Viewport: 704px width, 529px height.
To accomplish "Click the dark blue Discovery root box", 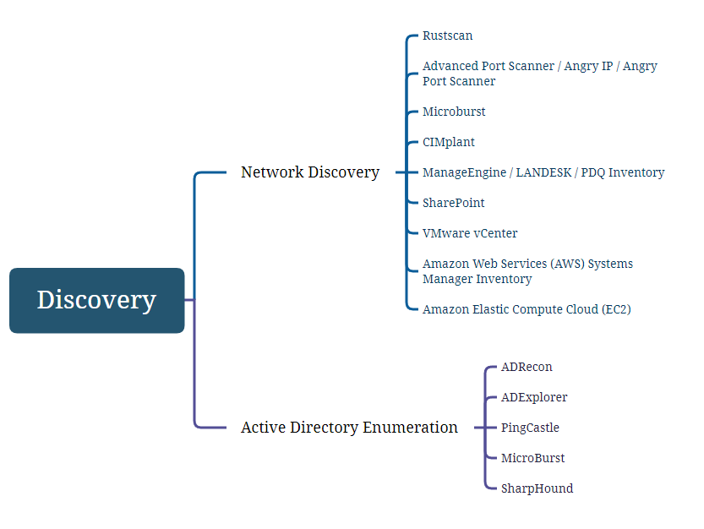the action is click(x=96, y=301).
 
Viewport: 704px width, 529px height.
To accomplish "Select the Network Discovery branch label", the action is click(x=310, y=172).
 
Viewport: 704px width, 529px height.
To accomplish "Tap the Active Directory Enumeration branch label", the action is click(x=349, y=428).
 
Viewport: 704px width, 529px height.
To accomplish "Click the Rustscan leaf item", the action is click(x=448, y=36).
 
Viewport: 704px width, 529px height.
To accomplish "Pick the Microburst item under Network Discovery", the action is click(x=454, y=112).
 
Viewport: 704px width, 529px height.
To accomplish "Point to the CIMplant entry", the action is click(x=449, y=142).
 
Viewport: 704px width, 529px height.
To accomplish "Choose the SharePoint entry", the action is click(x=454, y=203).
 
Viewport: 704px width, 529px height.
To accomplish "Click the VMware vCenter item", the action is click(x=470, y=233).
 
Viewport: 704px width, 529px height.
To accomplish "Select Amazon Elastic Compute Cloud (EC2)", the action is click(x=527, y=309).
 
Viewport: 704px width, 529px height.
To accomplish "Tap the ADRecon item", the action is click(x=527, y=368).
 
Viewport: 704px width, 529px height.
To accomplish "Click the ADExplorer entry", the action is click(x=534, y=397).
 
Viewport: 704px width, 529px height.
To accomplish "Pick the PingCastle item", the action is click(x=530, y=428).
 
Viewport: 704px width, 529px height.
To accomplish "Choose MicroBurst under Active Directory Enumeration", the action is click(x=533, y=459).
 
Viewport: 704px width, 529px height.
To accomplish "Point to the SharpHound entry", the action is click(x=537, y=488).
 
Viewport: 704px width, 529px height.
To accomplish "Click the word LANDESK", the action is click(x=543, y=172).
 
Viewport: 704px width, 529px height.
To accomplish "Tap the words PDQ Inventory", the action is click(x=623, y=173).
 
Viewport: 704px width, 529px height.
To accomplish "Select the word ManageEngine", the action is click(x=464, y=173).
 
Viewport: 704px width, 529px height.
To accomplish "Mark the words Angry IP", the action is click(x=588, y=67).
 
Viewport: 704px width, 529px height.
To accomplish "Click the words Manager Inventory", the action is click(x=478, y=280).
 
